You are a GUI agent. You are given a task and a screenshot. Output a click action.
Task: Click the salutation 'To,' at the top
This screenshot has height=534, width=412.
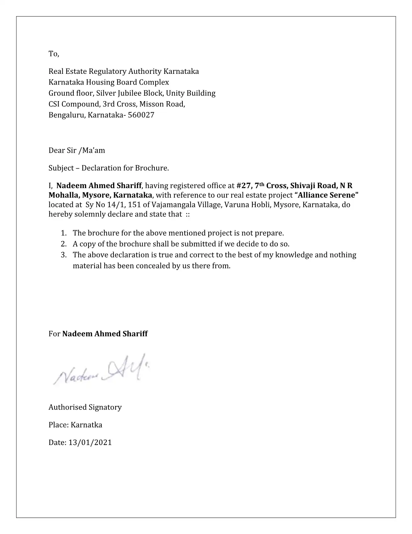(x=54, y=54)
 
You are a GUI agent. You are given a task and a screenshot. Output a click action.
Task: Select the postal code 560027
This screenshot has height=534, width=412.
(x=141, y=115)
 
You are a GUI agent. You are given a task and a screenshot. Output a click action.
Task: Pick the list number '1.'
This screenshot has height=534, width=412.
(x=64, y=233)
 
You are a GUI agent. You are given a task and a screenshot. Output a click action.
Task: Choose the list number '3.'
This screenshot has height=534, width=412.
(x=64, y=255)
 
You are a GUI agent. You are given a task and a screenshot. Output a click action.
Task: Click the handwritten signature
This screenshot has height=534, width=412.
(x=101, y=370)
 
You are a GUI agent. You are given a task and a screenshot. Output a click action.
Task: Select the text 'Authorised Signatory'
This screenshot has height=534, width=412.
(x=85, y=407)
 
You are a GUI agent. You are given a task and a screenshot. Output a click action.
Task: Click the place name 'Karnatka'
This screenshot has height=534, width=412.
(x=87, y=425)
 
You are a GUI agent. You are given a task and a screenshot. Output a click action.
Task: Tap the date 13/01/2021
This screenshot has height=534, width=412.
(x=90, y=442)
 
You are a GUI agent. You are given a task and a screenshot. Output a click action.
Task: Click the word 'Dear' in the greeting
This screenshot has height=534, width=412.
(x=57, y=150)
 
